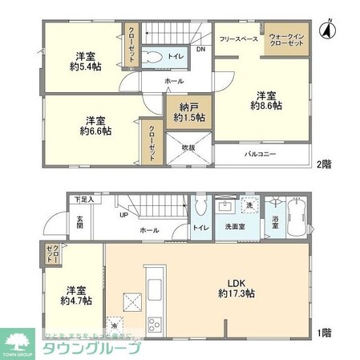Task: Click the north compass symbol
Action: [326, 31]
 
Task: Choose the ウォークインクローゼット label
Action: [286, 40]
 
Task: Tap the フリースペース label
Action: [239, 37]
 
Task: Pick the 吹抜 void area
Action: [187, 146]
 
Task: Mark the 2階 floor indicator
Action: [323, 164]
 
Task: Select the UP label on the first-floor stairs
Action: [123, 215]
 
